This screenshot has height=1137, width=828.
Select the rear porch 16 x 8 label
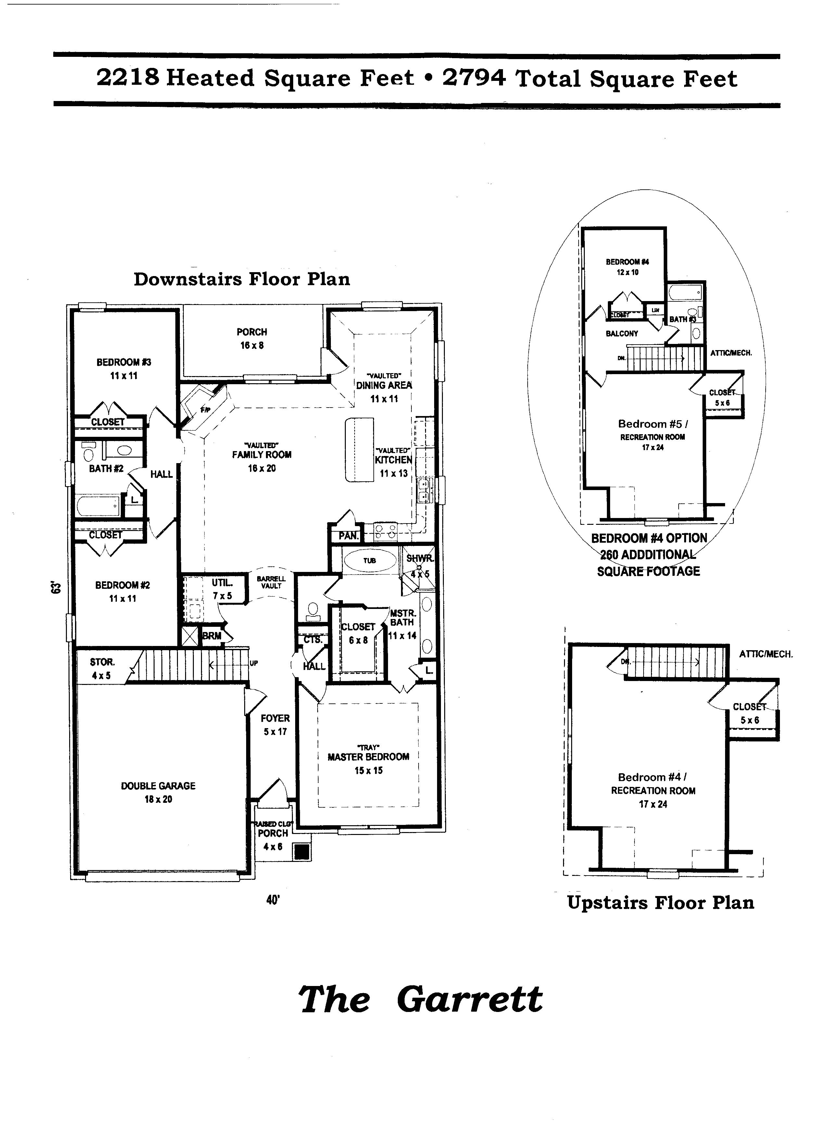pos(252,338)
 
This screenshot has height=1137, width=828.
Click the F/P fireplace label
pos(205,410)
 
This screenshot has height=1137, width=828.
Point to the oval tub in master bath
pos(370,561)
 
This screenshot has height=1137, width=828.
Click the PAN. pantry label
pos(348,536)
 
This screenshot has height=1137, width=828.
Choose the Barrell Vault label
pos(271,582)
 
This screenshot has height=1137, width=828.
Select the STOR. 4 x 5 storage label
pos(102,668)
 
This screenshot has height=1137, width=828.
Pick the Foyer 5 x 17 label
pos(275,725)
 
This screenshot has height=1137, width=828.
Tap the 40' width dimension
pos(272,900)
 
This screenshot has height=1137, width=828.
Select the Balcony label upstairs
pos(621,334)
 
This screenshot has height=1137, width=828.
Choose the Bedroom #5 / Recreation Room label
pos(653,430)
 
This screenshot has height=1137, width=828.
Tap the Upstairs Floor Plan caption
pos(660,903)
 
